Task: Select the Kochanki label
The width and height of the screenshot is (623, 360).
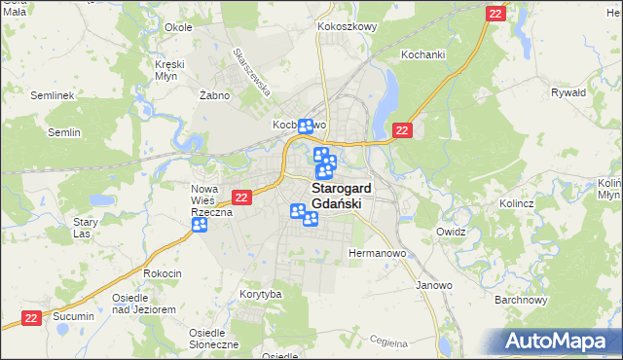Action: (x=421, y=55)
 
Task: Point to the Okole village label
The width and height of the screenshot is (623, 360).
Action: (x=178, y=27)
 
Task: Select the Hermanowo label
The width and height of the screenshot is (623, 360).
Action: (x=376, y=253)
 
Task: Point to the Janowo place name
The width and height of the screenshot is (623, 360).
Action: (x=434, y=285)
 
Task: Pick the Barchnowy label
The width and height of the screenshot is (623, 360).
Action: (x=518, y=300)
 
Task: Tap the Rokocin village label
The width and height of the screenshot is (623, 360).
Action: (x=163, y=273)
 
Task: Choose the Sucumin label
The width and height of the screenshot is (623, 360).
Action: (x=74, y=316)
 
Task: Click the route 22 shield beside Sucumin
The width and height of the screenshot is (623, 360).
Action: (x=32, y=317)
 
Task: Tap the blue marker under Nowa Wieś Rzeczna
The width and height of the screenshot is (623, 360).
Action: (x=200, y=226)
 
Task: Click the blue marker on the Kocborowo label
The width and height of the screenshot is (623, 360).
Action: (x=306, y=126)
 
